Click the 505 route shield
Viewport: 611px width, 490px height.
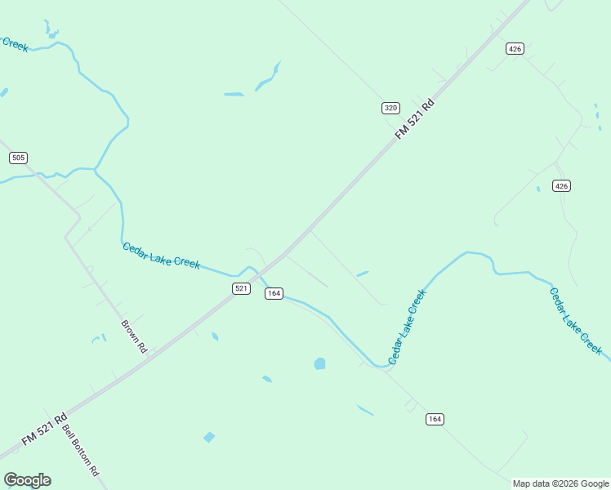19,158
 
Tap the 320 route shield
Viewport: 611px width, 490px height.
390,108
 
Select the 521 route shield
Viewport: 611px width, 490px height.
241,288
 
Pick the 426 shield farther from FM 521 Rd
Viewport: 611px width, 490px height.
560,186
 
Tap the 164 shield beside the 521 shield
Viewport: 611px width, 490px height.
274,293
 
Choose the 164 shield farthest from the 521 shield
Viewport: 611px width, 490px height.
435,419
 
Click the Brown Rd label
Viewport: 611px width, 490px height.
134,336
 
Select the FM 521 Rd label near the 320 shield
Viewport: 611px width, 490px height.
414,119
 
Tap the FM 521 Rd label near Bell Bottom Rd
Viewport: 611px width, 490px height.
44,429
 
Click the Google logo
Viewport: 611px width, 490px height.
27,480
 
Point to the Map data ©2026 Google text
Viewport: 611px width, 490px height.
560,483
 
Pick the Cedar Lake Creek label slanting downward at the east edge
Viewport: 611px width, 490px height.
576,321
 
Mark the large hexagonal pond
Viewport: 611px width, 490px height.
319,363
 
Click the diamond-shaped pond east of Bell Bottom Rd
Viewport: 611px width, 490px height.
209,437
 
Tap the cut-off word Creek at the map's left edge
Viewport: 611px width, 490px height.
15,44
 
